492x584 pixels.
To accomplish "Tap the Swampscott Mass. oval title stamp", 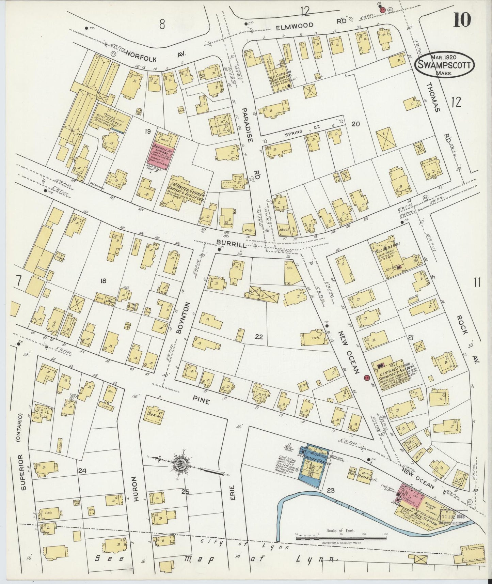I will [444, 64].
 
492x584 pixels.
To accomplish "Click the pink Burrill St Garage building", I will [161, 155].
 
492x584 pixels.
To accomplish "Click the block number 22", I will [259, 337].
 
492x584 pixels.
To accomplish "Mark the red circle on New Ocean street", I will [367, 378].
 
